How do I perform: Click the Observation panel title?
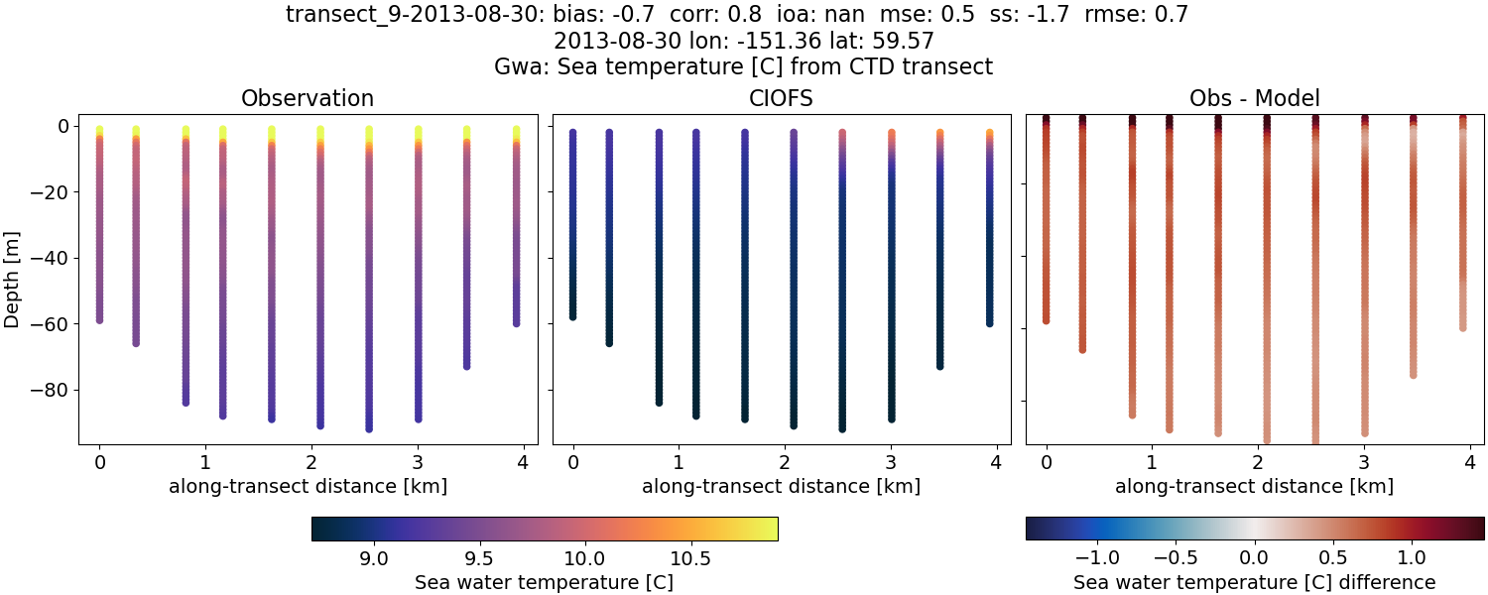point(308,98)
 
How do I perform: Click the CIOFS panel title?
point(781,98)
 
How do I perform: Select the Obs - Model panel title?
point(1254,98)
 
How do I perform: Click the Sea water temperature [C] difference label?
point(1254,582)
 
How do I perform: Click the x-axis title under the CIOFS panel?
point(781,486)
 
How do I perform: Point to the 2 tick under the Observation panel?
point(311,462)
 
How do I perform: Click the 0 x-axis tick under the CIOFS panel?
point(572,462)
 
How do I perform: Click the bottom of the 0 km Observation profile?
point(99,319)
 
